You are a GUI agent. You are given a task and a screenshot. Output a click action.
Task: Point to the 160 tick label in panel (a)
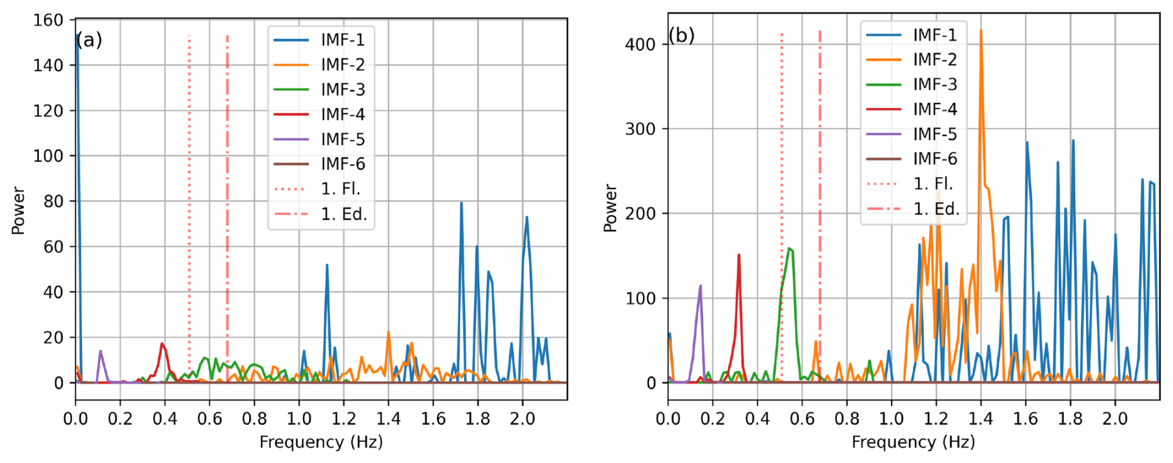point(48,20)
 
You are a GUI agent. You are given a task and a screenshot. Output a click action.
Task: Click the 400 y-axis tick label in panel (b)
point(640,45)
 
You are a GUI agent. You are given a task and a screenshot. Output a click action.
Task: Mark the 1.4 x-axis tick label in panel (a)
point(388,419)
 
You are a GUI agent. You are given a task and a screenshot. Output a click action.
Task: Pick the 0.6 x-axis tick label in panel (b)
point(802,419)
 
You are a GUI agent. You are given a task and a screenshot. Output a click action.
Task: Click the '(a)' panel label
point(89,40)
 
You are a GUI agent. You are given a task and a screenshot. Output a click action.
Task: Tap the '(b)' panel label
point(681,36)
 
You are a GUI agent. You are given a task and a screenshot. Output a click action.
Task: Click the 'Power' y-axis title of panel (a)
point(19,211)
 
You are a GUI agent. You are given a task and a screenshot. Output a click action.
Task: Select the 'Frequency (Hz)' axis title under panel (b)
point(913,443)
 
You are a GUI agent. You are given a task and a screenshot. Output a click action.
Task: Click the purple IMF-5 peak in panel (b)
point(701,287)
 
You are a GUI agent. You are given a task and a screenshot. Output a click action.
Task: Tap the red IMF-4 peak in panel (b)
point(739,256)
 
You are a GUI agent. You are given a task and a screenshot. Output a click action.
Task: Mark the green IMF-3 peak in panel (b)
point(789,250)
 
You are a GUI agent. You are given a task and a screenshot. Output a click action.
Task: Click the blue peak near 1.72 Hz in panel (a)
point(461,204)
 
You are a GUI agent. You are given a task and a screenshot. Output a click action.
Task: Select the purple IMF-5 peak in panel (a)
point(100,352)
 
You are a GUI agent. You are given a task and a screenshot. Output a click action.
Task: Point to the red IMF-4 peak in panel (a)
point(162,345)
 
